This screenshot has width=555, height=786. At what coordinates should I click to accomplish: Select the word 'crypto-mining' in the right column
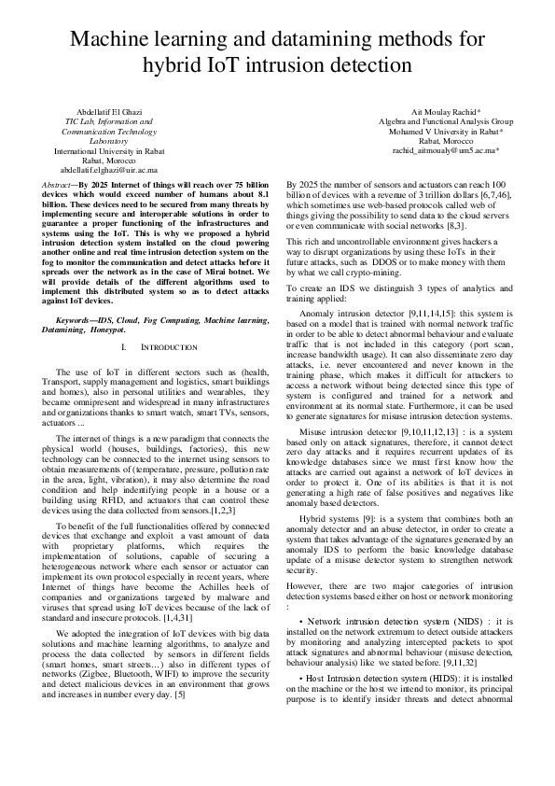point(371,274)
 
